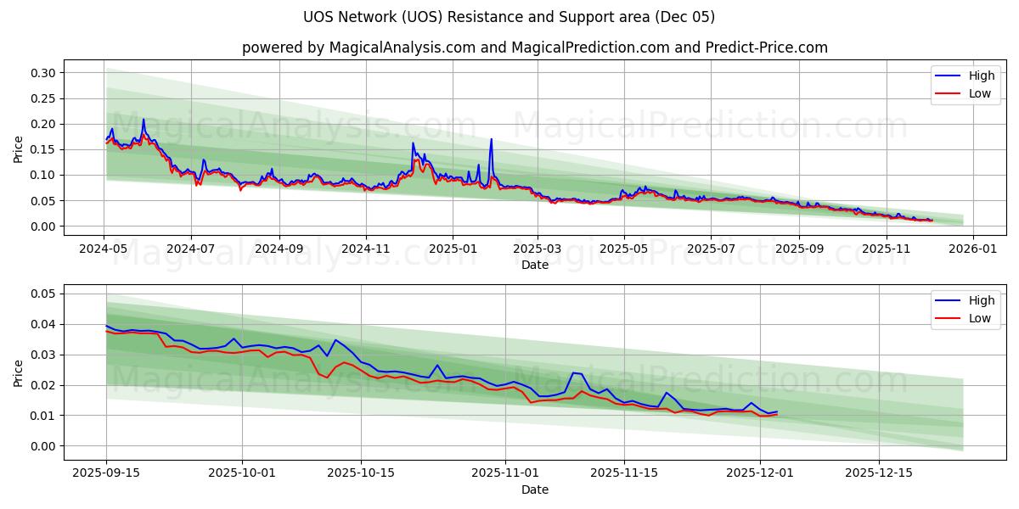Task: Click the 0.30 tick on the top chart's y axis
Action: coord(43,73)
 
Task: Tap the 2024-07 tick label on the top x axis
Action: coord(190,249)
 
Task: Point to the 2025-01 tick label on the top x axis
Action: coord(453,249)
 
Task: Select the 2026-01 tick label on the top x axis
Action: coord(972,249)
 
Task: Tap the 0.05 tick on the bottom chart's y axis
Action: coord(43,294)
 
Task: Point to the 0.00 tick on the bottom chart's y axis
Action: coord(43,446)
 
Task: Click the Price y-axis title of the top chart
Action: coord(19,149)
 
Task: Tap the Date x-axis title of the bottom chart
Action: coord(535,489)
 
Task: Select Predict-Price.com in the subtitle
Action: coord(767,48)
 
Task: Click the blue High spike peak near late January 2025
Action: coord(491,139)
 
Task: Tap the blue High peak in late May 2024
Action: coord(144,120)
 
